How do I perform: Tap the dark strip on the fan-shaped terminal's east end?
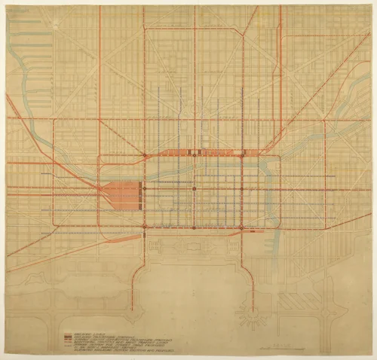point(140,194)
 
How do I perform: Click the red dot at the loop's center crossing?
point(195,188)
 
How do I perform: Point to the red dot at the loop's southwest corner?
point(146,224)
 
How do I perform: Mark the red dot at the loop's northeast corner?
point(242,154)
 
